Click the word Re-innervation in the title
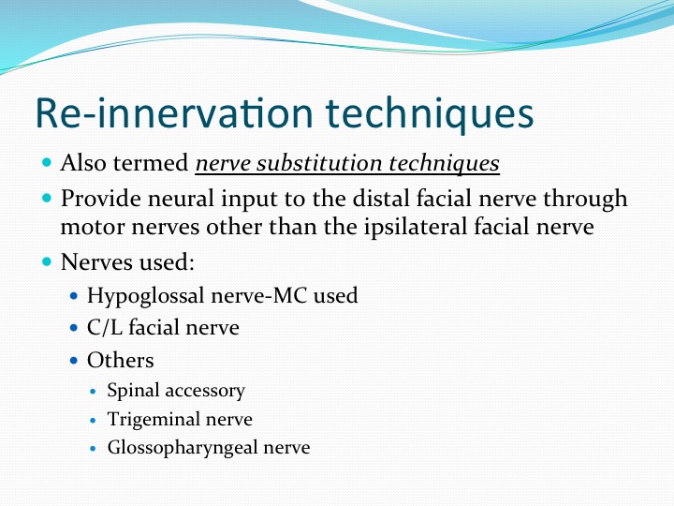click(174, 112)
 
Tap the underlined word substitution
click(319, 163)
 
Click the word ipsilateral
click(416, 227)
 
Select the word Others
click(121, 360)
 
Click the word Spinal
click(133, 391)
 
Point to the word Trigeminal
click(153, 420)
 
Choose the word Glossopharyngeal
click(183, 448)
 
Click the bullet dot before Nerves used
click(47, 261)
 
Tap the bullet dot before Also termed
click(47, 163)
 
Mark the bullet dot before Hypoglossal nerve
click(74, 296)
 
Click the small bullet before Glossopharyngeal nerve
click(94, 448)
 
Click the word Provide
click(100, 199)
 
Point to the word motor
click(93, 228)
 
